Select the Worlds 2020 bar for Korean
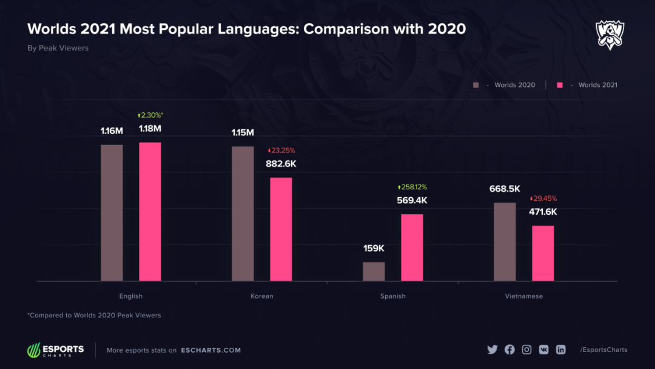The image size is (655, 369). tap(243, 213)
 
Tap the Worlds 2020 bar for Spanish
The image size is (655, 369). tap(374, 271)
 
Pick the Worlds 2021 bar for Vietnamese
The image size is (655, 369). tap(543, 253)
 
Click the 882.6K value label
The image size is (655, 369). tap(281, 164)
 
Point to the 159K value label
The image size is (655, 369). tap(374, 248)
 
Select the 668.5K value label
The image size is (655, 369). tap(505, 189)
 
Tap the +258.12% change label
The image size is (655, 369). tap(412, 188)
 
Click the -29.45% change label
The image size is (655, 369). tap(543, 198)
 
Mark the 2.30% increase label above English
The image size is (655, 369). tap(150, 115)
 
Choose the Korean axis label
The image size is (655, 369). tap(262, 296)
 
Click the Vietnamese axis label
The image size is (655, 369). tap(523, 296)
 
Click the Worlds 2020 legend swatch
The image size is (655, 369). tap(476, 85)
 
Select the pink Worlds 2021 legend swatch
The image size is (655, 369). tap(559, 85)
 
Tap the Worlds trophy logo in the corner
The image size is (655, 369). tap(610, 35)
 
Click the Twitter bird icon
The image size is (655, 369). tap(492, 350)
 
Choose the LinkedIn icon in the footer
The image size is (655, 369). tap(560, 350)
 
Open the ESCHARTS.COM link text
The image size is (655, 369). tap(210, 350)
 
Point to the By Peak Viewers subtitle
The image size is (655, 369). tap(58, 48)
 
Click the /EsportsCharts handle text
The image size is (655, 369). tap(603, 350)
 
